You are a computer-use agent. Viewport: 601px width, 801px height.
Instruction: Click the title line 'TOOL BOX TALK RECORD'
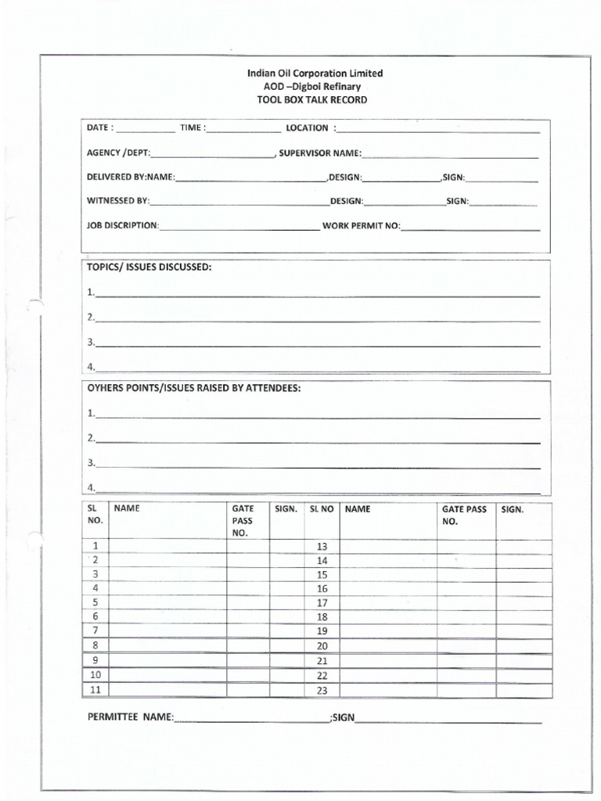311,100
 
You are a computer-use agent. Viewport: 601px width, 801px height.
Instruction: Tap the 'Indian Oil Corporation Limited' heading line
315,73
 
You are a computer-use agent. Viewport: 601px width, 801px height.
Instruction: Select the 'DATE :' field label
100,128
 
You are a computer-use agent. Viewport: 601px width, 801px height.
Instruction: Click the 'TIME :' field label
193,128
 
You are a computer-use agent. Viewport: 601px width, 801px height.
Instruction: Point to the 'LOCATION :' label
311,128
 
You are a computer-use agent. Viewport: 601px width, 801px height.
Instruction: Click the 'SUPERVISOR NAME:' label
321,153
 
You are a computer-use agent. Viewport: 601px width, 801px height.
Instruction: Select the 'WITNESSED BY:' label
117,201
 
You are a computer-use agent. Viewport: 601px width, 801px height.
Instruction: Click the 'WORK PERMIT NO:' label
361,226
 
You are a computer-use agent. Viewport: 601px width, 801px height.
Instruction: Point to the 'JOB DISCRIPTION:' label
123,226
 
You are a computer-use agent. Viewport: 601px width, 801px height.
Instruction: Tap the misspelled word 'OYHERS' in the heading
106,388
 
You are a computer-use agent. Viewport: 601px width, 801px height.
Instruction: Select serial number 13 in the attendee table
322,546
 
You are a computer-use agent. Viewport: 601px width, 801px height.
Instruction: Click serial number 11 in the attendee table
95,689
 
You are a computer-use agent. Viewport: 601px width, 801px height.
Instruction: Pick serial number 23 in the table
322,690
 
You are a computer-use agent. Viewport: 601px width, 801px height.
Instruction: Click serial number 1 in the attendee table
95,545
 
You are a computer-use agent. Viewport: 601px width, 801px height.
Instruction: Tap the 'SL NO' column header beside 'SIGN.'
322,508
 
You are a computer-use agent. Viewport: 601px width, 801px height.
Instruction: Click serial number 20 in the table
322,646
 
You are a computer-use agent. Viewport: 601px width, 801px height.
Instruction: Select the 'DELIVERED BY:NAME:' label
131,178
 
